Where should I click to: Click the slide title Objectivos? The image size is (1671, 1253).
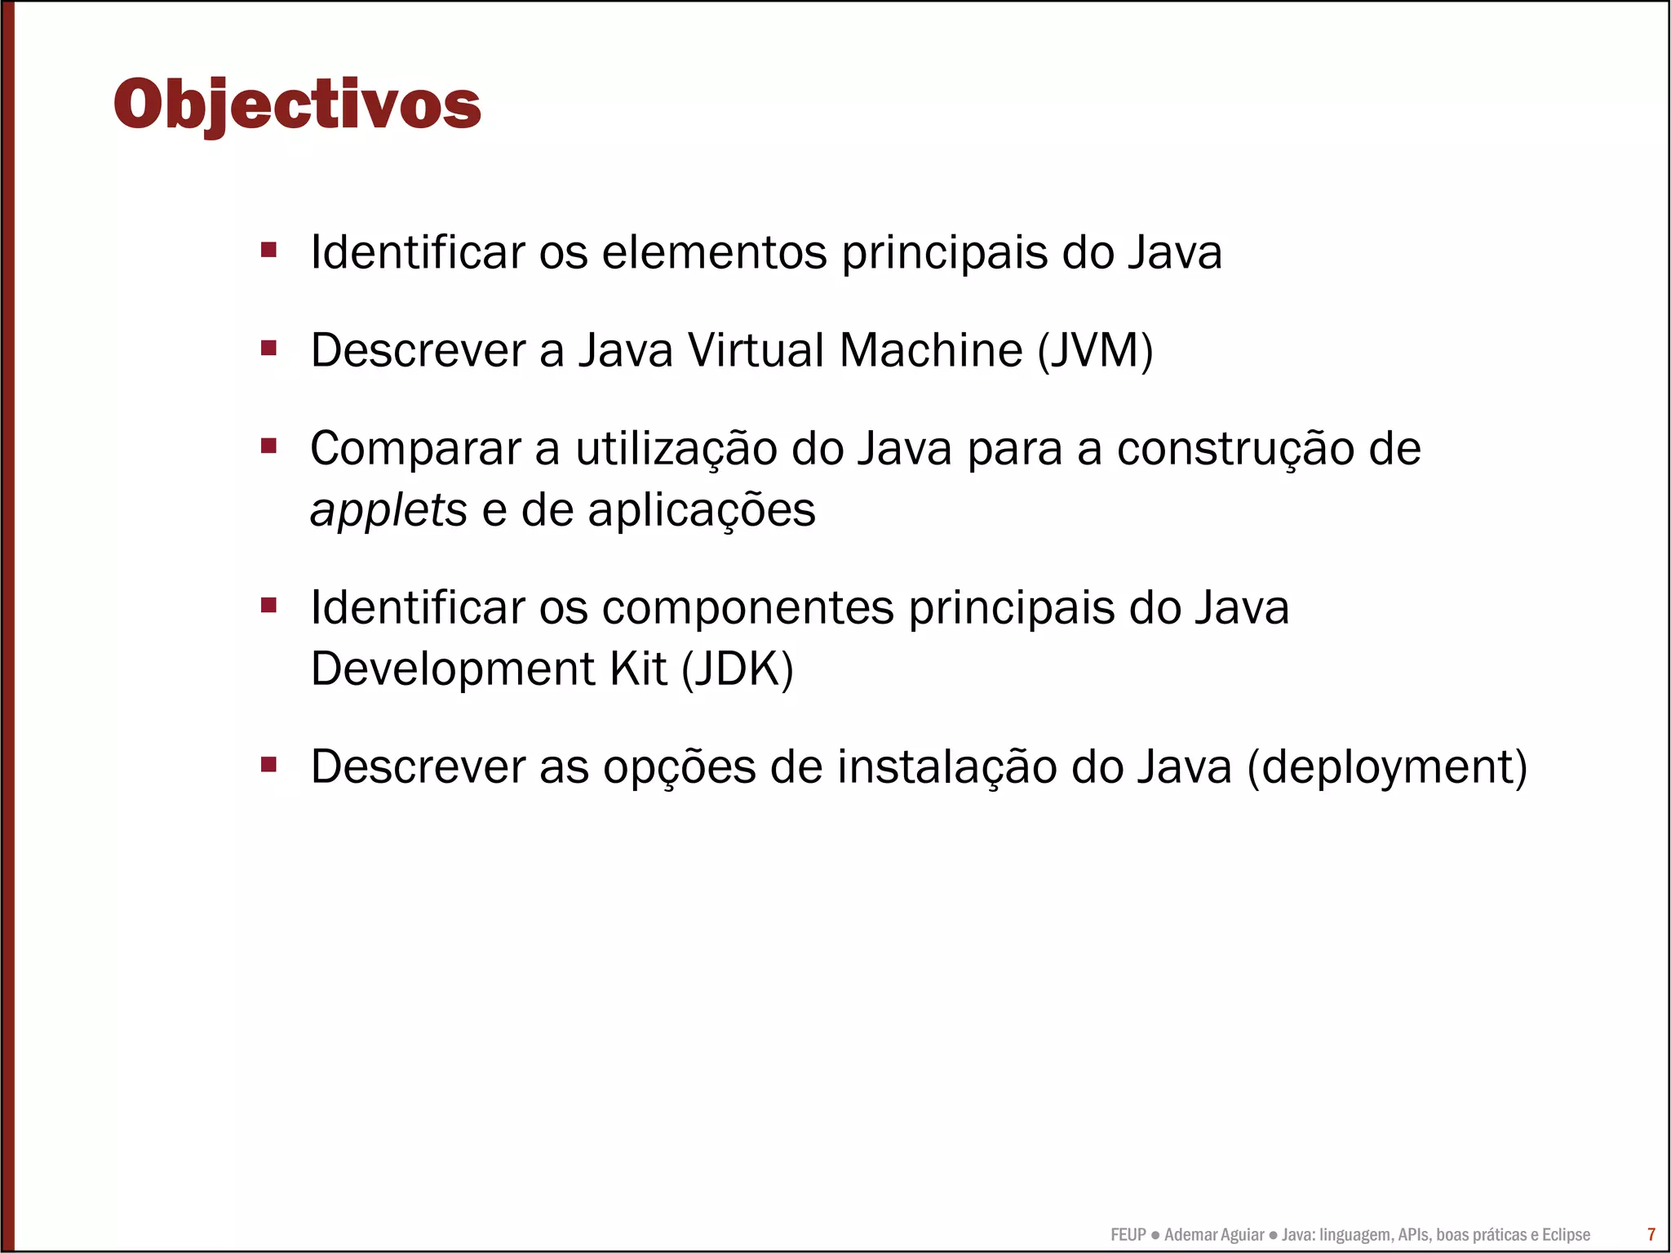(297, 104)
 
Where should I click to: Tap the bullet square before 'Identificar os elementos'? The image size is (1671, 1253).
(268, 249)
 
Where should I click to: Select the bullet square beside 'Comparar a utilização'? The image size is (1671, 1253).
(268, 446)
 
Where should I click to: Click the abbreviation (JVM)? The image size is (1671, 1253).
(1095, 351)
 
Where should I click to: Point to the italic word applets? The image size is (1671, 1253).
(388, 511)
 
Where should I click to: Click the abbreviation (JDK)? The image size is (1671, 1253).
(737, 669)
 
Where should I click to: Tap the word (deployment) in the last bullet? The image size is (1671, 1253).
(1387, 767)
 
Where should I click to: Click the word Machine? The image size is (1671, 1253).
(930, 351)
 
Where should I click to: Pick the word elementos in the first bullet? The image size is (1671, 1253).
(714, 252)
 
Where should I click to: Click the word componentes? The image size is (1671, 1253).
(748, 608)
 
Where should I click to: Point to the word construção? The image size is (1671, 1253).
(1234, 449)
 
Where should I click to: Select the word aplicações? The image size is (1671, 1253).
(702, 511)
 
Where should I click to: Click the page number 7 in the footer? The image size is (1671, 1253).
(1651, 1234)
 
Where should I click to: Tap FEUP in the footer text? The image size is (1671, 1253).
(1128, 1235)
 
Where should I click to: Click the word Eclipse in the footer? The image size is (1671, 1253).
(1566, 1235)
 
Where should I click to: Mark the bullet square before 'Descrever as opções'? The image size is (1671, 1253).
(268, 765)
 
